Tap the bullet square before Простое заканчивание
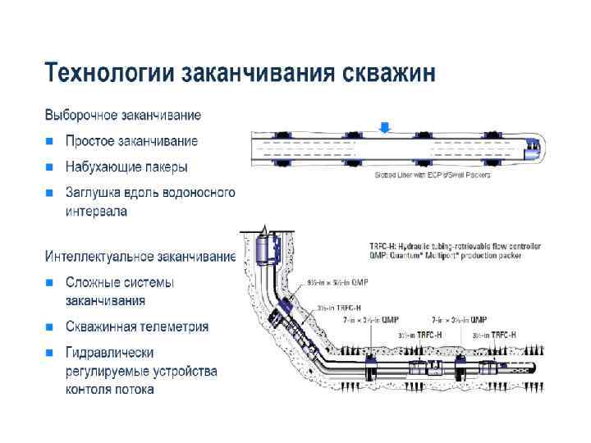pyautogui.click(x=50, y=142)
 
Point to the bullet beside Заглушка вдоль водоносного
pyautogui.click(x=50, y=194)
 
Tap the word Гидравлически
pyautogui.click(x=110, y=353)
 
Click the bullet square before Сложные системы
pyautogui.click(x=50, y=283)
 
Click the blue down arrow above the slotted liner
pyautogui.click(x=385, y=127)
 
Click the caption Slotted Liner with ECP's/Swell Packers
pyautogui.click(x=432, y=175)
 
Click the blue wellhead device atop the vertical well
pyautogui.click(x=264, y=249)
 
